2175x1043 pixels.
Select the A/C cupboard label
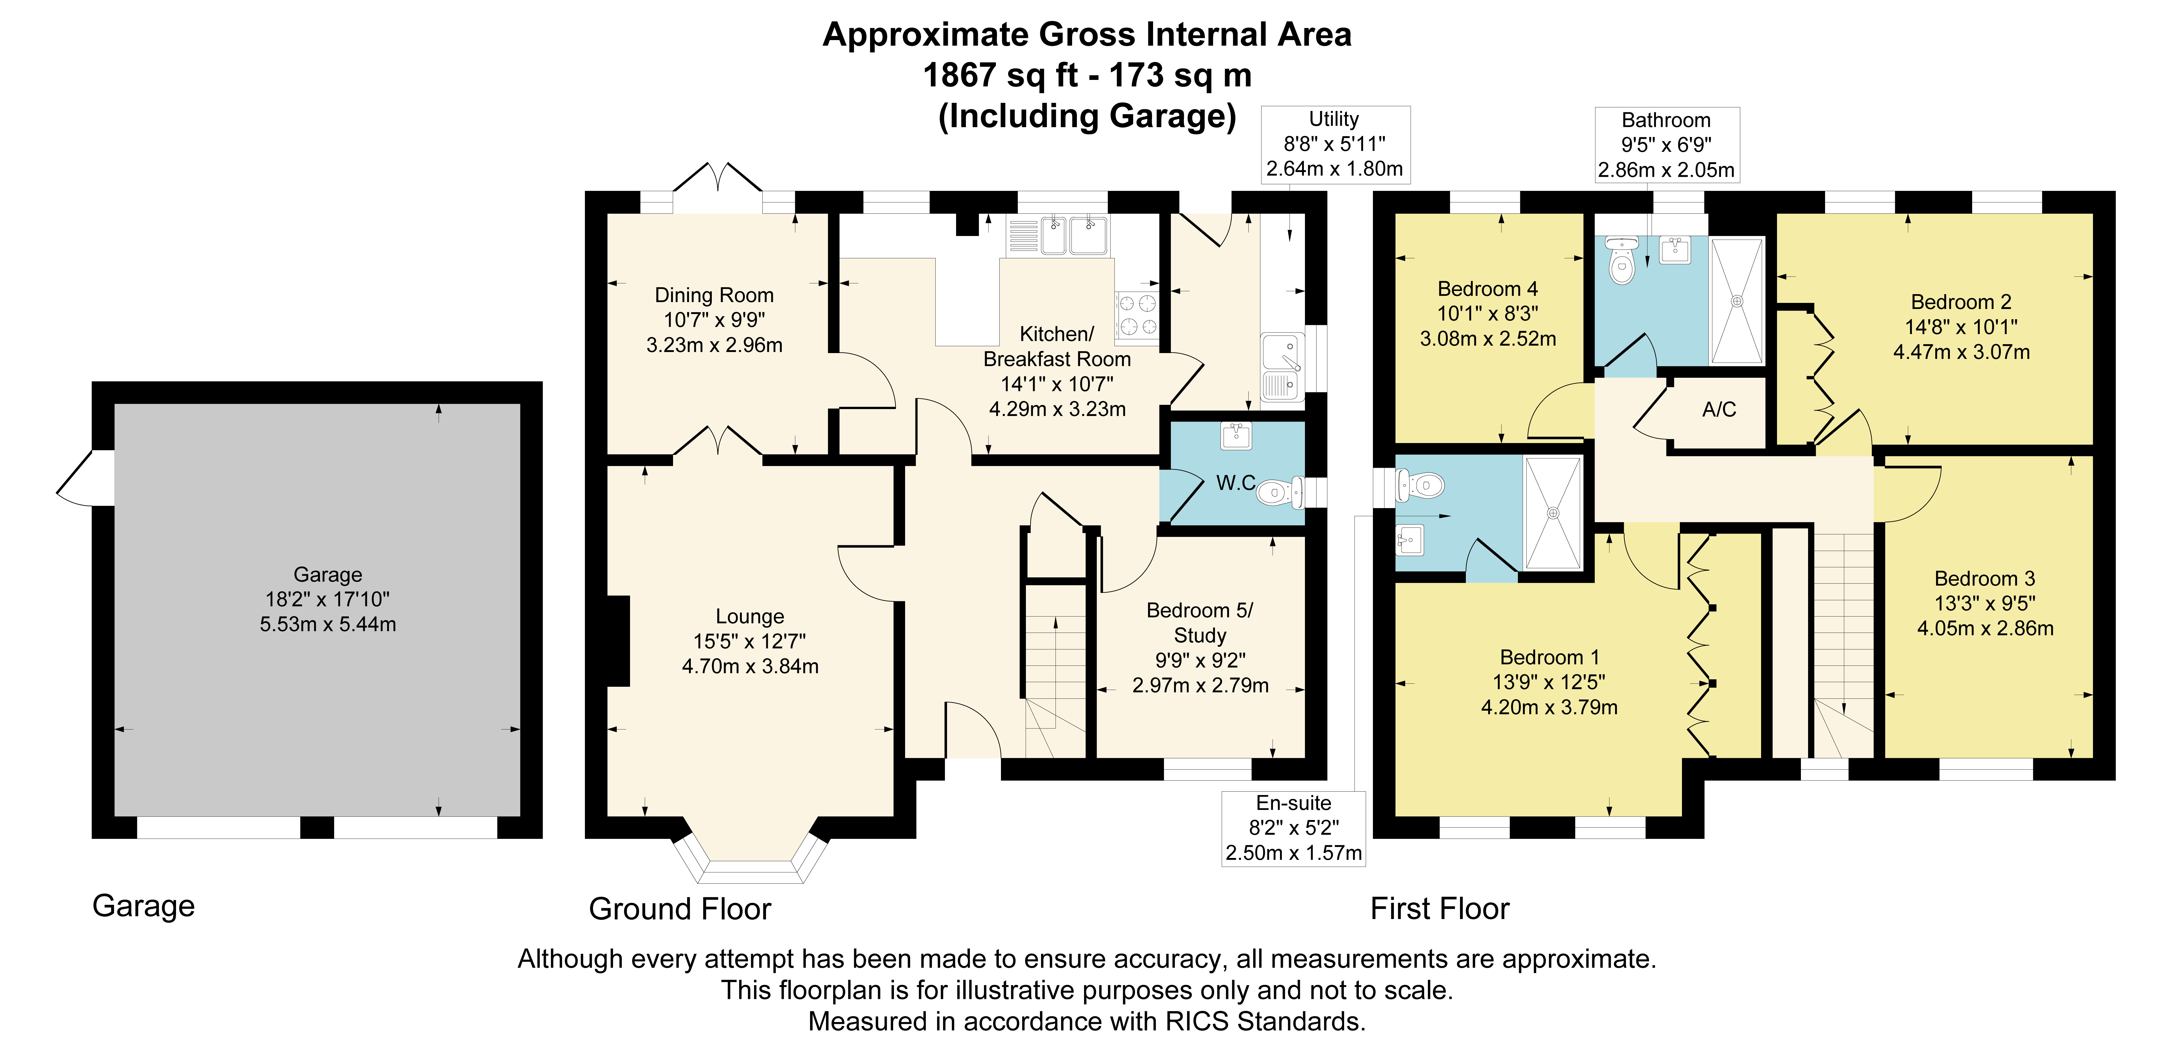1719,410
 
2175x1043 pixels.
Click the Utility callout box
1335,144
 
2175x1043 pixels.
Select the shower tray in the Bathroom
1737,301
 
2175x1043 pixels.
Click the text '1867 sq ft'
1000,75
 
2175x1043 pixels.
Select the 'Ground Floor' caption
680,909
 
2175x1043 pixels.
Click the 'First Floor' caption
1440,909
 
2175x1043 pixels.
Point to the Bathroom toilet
1622,260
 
